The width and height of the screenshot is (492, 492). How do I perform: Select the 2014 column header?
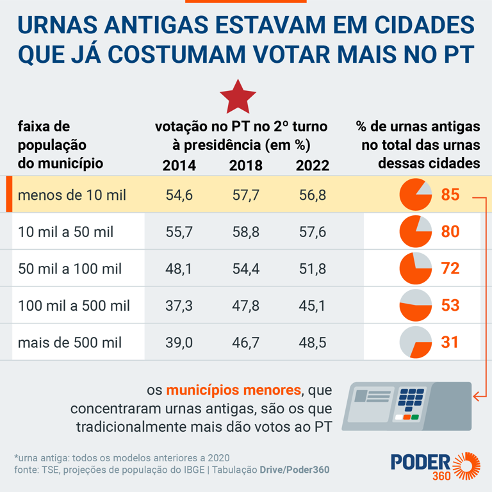point(179,165)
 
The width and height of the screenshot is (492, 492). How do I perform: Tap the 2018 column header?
point(246,165)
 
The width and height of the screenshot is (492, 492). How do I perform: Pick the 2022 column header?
point(313,165)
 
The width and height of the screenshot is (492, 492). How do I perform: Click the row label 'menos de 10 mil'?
point(72,195)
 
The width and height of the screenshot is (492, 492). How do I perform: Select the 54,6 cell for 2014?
point(179,195)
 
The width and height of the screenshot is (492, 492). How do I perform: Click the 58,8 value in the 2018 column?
point(246,232)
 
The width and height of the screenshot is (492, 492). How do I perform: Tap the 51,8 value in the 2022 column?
point(313,269)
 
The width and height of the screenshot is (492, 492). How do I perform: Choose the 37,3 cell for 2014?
point(179,306)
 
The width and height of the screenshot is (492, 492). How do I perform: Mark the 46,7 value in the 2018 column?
point(246,343)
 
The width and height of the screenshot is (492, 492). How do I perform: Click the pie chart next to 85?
point(415,194)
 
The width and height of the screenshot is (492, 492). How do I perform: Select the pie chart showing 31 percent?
point(415,343)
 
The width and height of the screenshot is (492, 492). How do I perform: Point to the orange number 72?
point(450,268)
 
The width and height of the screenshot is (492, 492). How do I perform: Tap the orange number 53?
point(450,306)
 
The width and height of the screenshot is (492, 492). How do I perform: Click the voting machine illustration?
point(406,406)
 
